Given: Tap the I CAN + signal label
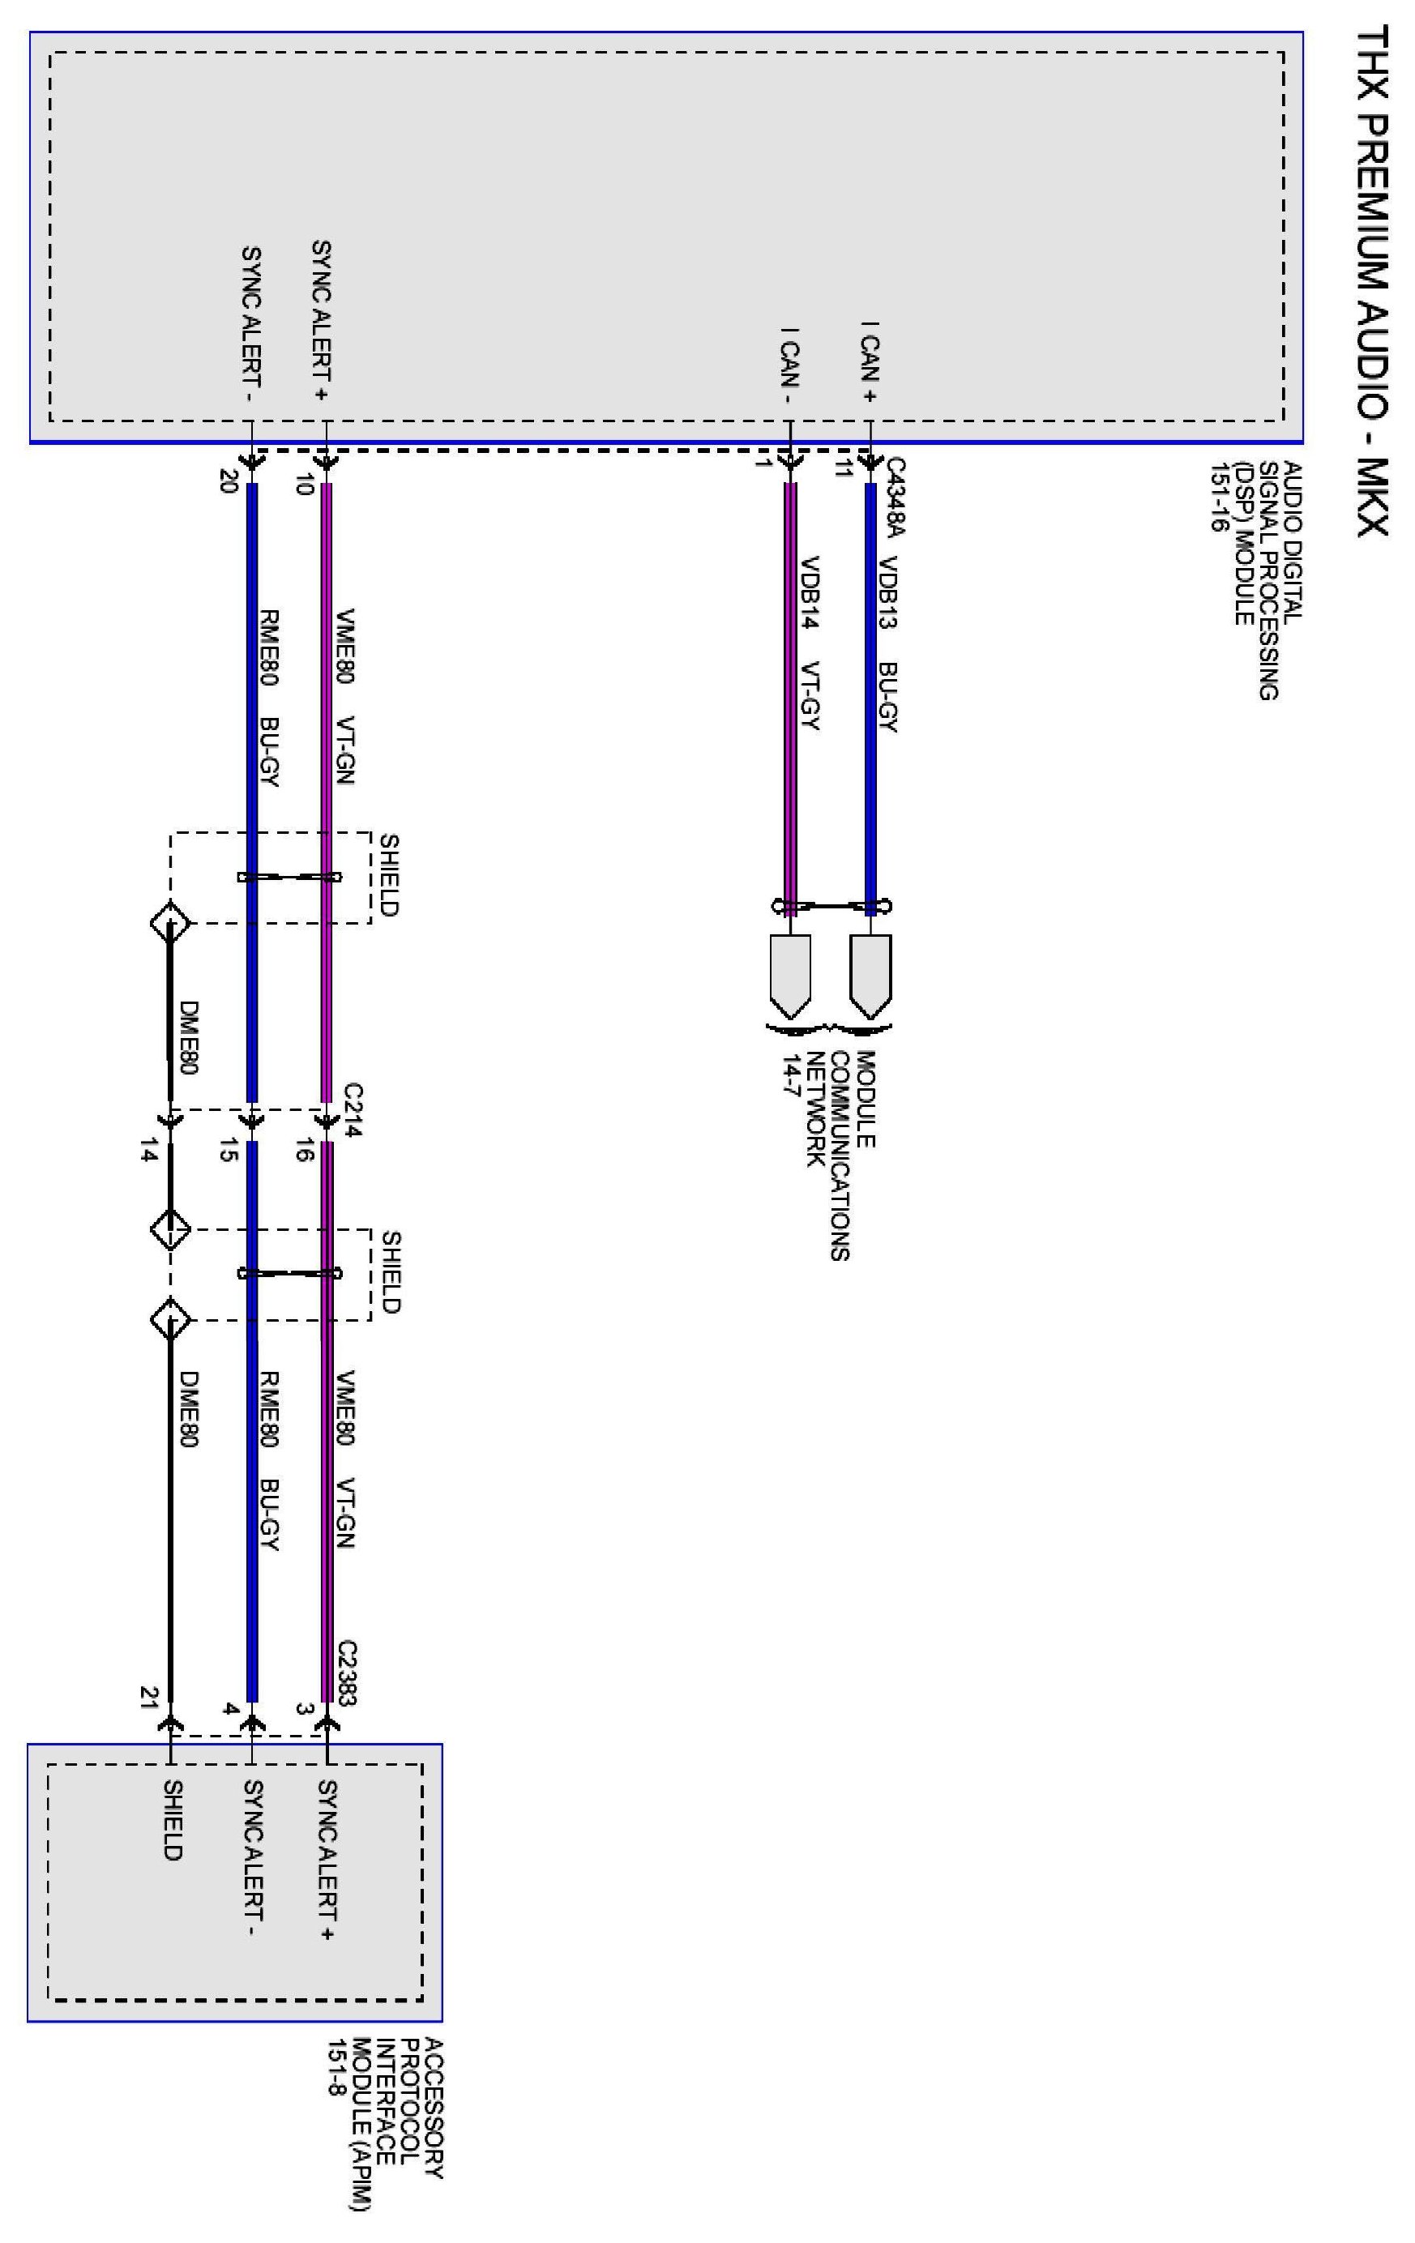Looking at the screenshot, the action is coord(870,361).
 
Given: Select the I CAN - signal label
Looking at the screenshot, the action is coord(790,365).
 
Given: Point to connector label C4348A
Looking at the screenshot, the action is coord(896,498).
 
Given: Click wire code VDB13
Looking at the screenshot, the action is coord(887,592).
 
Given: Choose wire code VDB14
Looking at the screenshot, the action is coord(810,592).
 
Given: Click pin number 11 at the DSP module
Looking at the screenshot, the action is coord(844,468).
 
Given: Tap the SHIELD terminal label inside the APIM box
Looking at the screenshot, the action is coord(173,1820).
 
